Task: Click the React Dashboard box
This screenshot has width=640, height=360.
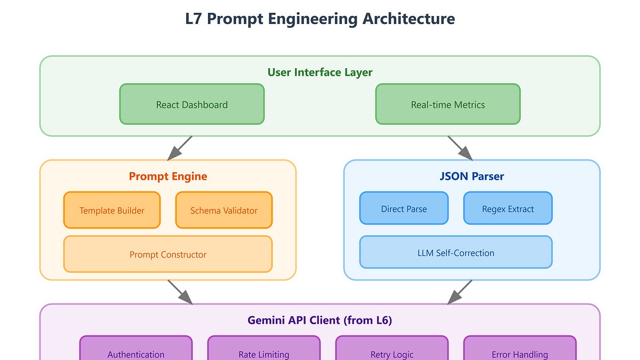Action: coord(191,105)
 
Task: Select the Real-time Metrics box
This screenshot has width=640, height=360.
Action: coord(447,105)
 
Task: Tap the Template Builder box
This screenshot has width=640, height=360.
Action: coord(112,210)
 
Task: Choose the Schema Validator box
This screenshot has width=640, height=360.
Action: coord(224,210)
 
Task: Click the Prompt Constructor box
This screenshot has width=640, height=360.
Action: coord(167,254)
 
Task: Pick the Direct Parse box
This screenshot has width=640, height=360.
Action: coord(404,209)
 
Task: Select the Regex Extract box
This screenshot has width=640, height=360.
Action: coord(508,209)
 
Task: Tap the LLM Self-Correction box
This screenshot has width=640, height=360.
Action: coord(455,252)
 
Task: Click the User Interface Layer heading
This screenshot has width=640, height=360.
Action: coord(320,72)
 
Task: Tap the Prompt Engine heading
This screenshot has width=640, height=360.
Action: coord(167,176)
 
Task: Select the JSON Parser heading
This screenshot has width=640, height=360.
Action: coord(471,176)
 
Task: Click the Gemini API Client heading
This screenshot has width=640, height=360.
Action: coord(320,320)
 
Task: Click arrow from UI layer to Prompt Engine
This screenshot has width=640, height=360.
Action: coord(180,148)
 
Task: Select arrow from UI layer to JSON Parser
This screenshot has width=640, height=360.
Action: coord(460,148)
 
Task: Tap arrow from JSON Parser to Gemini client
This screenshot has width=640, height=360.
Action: coord(460,292)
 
